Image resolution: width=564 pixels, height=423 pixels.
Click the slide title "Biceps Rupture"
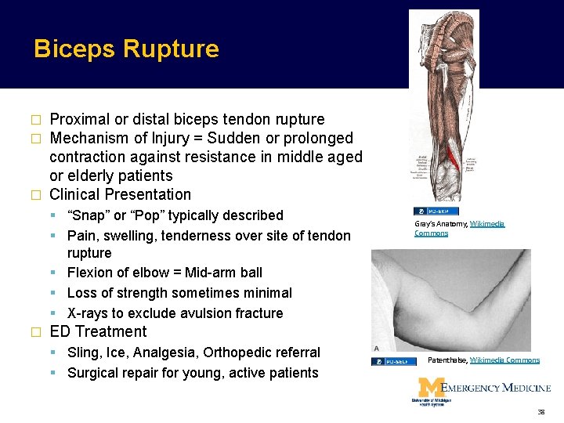click(x=126, y=49)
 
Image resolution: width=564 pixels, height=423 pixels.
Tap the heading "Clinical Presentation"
click(x=120, y=195)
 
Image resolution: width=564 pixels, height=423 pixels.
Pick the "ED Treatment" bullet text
click(x=98, y=332)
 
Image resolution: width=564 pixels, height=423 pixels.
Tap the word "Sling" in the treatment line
click(x=85, y=352)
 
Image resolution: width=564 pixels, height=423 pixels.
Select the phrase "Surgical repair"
click(x=112, y=373)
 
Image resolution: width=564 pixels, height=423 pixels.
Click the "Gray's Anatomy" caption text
click(x=440, y=224)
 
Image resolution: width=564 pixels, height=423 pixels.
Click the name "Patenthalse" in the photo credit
click(x=447, y=360)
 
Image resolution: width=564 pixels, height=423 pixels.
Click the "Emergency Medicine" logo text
click(x=496, y=387)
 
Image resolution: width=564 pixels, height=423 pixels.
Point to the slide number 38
click(x=541, y=411)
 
